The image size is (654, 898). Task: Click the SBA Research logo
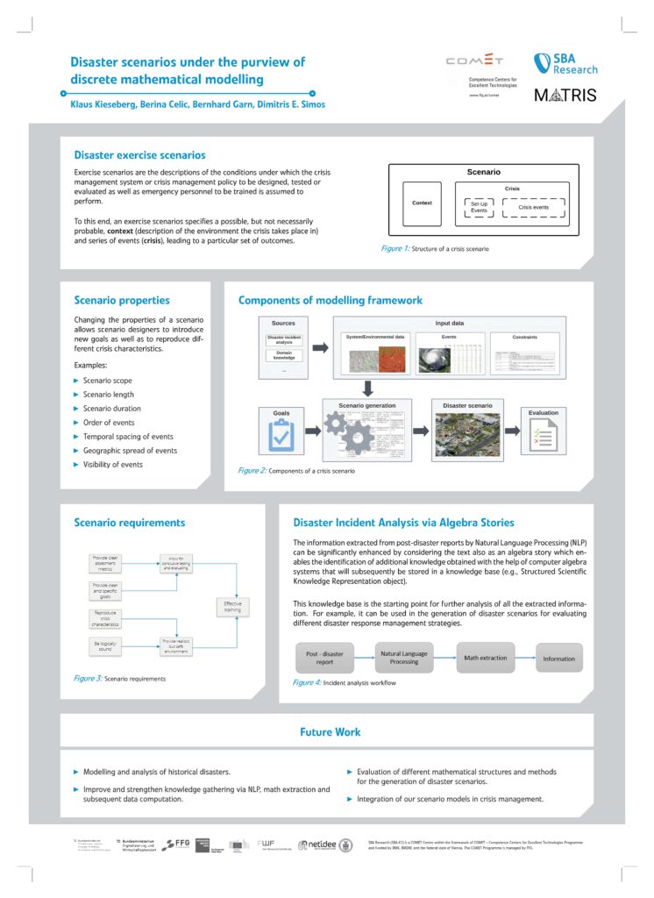coord(565,64)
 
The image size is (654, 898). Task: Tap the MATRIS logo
coord(565,95)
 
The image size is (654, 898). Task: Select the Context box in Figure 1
coord(422,203)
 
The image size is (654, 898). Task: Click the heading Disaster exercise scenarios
coord(139,154)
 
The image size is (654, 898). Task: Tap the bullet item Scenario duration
coord(111,409)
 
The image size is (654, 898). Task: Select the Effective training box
coord(232,607)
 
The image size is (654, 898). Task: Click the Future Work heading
coord(330,731)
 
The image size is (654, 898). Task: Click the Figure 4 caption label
coord(306,681)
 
